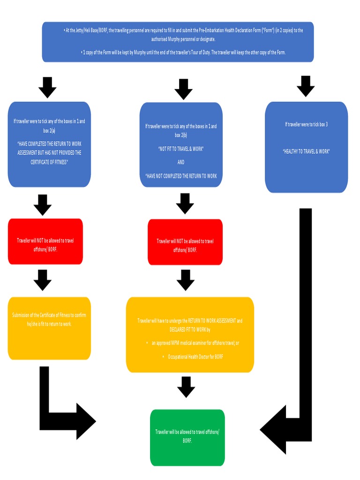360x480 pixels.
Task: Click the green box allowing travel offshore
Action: (187, 437)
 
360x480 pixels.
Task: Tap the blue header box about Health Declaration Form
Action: (178, 42)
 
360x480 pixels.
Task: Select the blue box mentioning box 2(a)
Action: (49, 144)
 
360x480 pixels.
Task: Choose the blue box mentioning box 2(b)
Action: (181, 144)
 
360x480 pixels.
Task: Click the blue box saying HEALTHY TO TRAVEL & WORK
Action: (306, 147)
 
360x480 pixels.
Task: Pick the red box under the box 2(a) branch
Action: (45, 241)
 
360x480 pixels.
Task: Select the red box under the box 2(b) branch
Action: (185, 242)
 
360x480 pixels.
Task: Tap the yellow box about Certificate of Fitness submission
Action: (49, 328)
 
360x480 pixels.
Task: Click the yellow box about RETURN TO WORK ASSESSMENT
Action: (190, 335)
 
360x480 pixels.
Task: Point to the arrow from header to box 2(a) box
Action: (47, 87)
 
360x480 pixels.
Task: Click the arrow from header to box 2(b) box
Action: (183, 89)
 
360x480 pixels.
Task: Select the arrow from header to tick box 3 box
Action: (306, 86)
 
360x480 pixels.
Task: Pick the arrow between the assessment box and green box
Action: (186, 387)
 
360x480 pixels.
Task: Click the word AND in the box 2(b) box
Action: (181, 162)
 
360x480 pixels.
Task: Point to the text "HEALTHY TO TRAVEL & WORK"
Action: (306, 151)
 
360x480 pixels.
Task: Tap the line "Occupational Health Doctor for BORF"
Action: (195, 357)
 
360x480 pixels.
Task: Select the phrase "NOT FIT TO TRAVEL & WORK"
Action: (181, 149)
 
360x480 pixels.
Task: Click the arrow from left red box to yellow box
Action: (43, 280)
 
